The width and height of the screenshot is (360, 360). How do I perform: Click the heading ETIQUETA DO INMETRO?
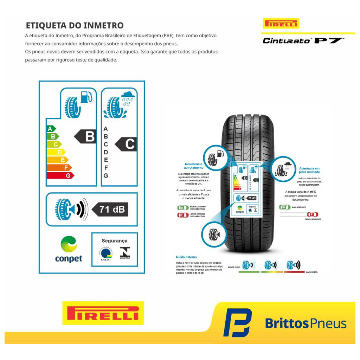click(x=75, y=25)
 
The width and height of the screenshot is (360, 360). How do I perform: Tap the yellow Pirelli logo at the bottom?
click(x=103, y=313)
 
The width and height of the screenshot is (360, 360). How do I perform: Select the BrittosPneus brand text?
click(x=306, y=323)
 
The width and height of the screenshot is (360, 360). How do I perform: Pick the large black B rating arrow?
click(x=86, y=136)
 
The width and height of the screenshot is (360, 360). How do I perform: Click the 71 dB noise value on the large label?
click(x=110, y=210)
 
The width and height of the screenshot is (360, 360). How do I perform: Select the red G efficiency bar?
click(x=60, y=175)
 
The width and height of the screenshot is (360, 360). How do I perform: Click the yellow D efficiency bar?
click(x=56, y=152)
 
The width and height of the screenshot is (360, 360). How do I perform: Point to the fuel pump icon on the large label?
click(x=86, y=97)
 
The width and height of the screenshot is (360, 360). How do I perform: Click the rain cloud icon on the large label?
click(x=128, y=97)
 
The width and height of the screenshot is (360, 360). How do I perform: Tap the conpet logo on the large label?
click(x=69, y=249)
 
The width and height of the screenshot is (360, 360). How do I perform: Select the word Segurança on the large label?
click(x=114, y=241)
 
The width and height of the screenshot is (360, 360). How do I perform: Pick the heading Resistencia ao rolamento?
click(x=193, y=166)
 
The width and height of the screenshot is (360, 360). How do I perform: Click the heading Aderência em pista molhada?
click(x=309, y=170)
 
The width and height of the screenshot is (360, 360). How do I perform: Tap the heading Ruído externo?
click(x=186, y=257)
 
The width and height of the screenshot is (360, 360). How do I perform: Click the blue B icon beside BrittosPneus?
click(x=237, y=323)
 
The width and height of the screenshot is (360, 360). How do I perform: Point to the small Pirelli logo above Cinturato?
click(x=281, y=24)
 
